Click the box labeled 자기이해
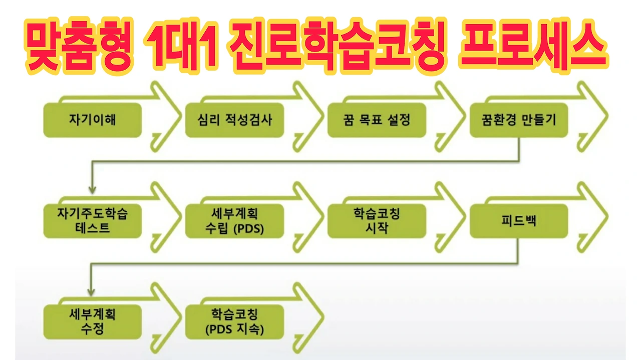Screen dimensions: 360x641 click(x=92, y=120)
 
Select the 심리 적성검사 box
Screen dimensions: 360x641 click(x=234, y=120)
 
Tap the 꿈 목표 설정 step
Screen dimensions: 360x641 click(x=377, y=120)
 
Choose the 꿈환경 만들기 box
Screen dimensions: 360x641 click(x=519, y=120)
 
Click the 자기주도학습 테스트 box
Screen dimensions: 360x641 click(x=92, y=221)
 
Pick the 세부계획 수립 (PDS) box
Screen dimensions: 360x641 click(x=234, y=221)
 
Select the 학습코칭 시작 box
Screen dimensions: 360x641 click(x=377, y=221)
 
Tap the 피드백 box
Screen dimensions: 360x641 click(x=519, y=221)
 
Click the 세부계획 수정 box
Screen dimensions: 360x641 click(x=92, y=321)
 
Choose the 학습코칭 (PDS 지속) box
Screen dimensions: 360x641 click(x=234, y=321)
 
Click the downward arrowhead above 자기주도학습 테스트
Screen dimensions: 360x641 click(x=92, y=190)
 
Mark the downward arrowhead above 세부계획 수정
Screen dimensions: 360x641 click(x=92, y=291)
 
